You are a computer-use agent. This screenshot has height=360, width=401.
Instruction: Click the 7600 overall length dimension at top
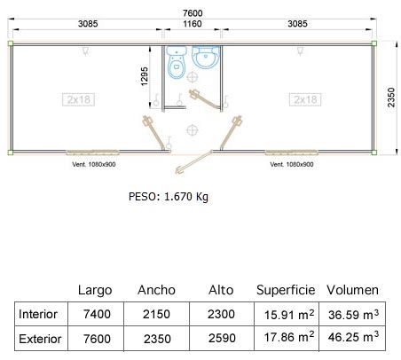[193, 13]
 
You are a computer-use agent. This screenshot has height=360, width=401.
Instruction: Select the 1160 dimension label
[193, 24]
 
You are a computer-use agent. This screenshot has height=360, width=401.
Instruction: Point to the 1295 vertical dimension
[144, 77]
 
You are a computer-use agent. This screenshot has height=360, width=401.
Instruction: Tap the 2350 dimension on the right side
[391, 98]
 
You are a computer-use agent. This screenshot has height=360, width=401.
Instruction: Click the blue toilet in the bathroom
[177, 62]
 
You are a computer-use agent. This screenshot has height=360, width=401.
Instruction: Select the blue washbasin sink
[206, 57]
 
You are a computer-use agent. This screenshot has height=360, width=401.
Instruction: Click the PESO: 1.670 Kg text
[169, 197]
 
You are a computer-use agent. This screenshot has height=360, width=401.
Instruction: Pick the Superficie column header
[286, 290]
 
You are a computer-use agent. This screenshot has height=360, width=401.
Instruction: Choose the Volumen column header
[352, 290]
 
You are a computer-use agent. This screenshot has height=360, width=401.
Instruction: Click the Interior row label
[38, 314]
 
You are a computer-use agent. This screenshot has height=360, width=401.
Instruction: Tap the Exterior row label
[40, 339]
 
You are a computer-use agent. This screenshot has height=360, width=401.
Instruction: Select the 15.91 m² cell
[289, 315]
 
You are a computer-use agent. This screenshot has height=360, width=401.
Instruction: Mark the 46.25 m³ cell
[353, 337]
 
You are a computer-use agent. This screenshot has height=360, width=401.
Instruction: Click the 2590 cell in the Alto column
[222, 338]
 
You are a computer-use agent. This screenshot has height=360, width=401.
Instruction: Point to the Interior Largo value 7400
[97, 314]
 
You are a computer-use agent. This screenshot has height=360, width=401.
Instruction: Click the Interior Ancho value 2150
[156, 314]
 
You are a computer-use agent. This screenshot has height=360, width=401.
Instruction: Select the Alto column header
[221, 290]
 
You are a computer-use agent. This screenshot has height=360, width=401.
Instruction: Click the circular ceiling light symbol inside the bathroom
[193, 77]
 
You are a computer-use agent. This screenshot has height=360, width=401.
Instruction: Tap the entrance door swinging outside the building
[193, 162]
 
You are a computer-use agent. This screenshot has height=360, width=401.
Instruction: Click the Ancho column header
[156, 290]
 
